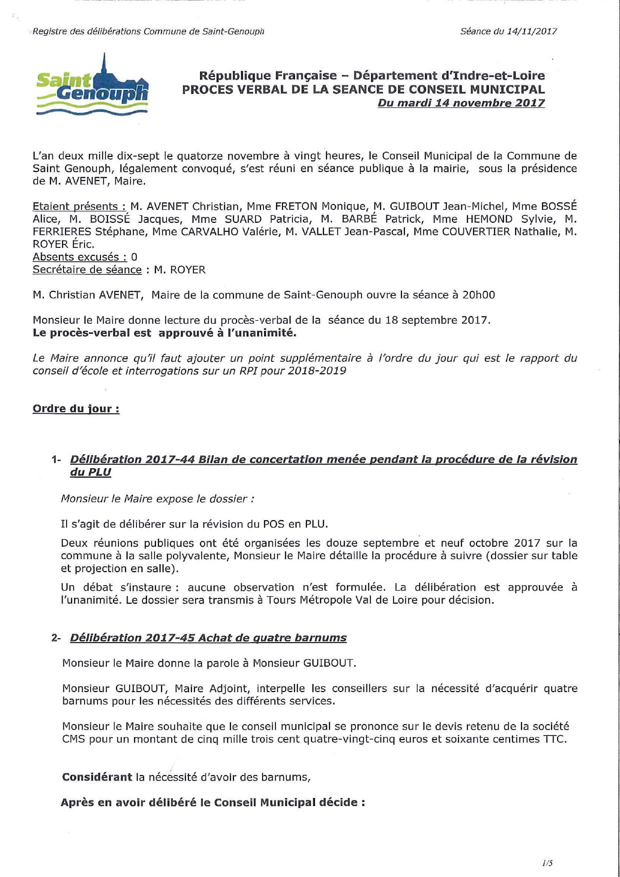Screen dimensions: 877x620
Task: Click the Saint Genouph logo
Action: [x=92, y=85]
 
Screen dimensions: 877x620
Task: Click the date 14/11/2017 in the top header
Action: [x=531, y=31]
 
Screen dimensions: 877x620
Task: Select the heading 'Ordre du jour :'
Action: [x=76, y=409]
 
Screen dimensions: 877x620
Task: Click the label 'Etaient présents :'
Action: [x=79, y=206]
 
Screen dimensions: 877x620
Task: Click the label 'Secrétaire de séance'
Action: [x=87, y=270]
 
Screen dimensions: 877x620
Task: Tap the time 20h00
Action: [x=478, y=295]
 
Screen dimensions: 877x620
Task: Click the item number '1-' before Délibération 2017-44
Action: [x=56, y=460]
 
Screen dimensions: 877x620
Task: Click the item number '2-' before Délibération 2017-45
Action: [x=56, y=638]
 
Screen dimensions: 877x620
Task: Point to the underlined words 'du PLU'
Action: [x=90, y=472]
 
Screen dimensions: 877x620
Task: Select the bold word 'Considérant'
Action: [x=97, y=777]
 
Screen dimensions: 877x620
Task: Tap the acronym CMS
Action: [x=73, y=739]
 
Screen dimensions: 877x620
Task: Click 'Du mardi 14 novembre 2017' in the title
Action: [x=461, y=103]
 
